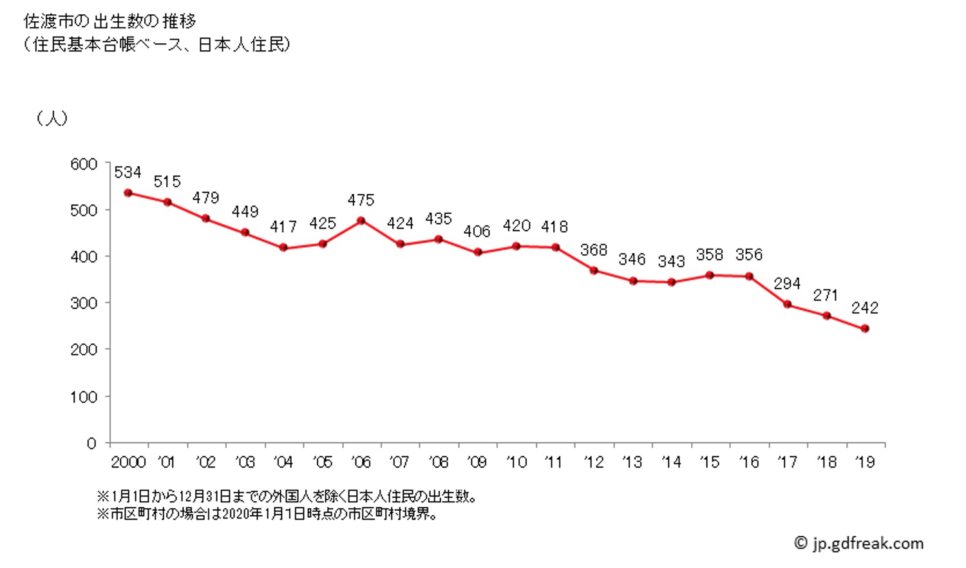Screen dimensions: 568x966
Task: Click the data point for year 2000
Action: (128, 193)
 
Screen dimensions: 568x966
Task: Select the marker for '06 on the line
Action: (361, 221)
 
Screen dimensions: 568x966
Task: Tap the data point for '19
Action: (865, 328)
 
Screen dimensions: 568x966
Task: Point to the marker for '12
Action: (594, 270)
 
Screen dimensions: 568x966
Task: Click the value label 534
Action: (128, 173)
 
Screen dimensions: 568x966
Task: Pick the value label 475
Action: (361, 200)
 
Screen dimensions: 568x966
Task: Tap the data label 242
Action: (864, 308)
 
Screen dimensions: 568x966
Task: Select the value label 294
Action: (787, 284)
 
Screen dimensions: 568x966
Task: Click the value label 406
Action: (477, 231)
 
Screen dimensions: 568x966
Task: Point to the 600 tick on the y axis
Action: (84, 164)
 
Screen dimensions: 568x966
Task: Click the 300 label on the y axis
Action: (84, 303)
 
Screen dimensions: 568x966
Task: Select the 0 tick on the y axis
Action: (91, 443)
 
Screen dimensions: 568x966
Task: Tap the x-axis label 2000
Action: (128, 462)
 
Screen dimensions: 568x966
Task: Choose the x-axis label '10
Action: (516, 462)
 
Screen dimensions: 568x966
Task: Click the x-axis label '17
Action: (787, 462)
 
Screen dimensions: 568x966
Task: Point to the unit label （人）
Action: (52, 118)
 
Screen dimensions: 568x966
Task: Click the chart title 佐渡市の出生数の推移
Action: (109, 21)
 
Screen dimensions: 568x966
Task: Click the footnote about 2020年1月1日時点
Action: (267, 515)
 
